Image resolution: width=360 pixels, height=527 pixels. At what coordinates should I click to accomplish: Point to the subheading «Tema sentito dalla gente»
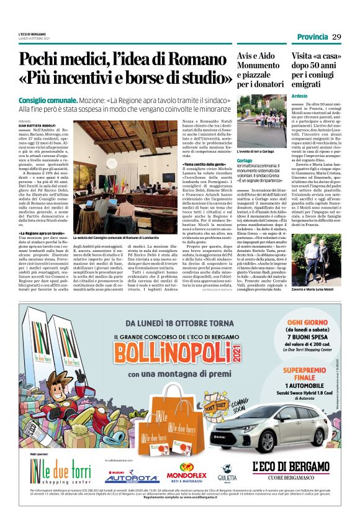pos(205,146)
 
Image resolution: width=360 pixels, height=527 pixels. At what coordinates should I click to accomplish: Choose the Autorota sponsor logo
pos(131,476)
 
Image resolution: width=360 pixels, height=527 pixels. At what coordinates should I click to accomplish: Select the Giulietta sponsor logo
pos(228,474)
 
